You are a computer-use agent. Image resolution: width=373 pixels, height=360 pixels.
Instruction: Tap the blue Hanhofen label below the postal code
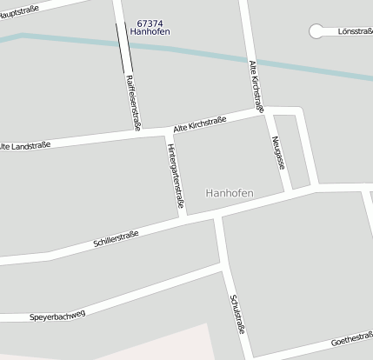pos(150,32)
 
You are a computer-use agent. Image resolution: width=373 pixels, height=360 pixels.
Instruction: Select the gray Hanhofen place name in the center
pos(230,192)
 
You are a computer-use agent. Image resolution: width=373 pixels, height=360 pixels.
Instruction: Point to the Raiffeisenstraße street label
pos(133,103)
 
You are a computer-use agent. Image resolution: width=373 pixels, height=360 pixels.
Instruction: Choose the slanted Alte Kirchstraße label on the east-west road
pos(206,122)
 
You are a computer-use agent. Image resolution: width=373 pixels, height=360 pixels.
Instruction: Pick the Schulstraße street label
pos(236,314)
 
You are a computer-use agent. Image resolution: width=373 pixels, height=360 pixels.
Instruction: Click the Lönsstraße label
pos(353,32)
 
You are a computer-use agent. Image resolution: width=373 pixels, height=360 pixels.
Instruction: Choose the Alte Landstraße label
pos(24,145)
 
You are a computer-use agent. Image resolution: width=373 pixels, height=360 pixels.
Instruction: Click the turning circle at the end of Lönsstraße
pos(316,31)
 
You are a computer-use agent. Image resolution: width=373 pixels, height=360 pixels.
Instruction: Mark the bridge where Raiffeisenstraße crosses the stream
pos(124,43)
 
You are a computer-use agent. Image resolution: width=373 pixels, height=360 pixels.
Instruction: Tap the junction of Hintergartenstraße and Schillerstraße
pos(183,216)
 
